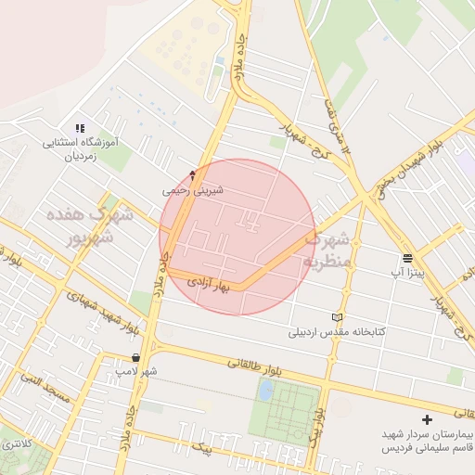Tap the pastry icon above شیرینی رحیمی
coord(193,174)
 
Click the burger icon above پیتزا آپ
coord(407,258)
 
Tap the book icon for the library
coord(337,317)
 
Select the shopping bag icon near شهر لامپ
coord(135,356)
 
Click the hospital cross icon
coord(427,420)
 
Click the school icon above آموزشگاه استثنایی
coord(80,128)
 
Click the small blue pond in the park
coord(266,391)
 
